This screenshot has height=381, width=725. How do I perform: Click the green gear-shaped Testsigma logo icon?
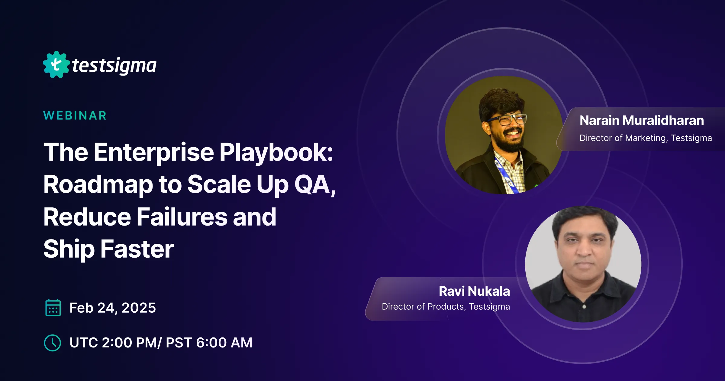click(56, 64)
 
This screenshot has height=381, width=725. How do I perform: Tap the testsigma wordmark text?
click(114, 65)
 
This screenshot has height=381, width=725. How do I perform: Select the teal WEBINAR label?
click(75, 116)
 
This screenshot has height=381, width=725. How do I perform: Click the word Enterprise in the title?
click(154, 152)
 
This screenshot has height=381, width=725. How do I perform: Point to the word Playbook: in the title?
click(276, 152)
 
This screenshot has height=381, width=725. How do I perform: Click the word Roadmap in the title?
click(98, 184)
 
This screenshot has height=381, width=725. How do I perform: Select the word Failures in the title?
click(182, 217)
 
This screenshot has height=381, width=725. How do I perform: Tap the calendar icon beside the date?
click(53, 308)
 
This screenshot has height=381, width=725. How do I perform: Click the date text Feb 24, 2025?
click(113, 308)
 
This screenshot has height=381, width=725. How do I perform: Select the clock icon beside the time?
click(53, 343)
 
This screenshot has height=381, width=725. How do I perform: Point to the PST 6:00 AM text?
click(209, 343)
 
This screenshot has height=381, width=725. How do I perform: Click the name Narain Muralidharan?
click(642, 120)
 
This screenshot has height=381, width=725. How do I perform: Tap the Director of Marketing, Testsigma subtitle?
click(646, 138)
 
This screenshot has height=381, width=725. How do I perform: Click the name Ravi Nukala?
click(474, 291)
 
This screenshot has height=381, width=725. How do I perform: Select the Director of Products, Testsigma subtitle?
click(446, 307)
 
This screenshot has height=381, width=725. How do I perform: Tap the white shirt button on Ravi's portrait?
click(584, 307)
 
